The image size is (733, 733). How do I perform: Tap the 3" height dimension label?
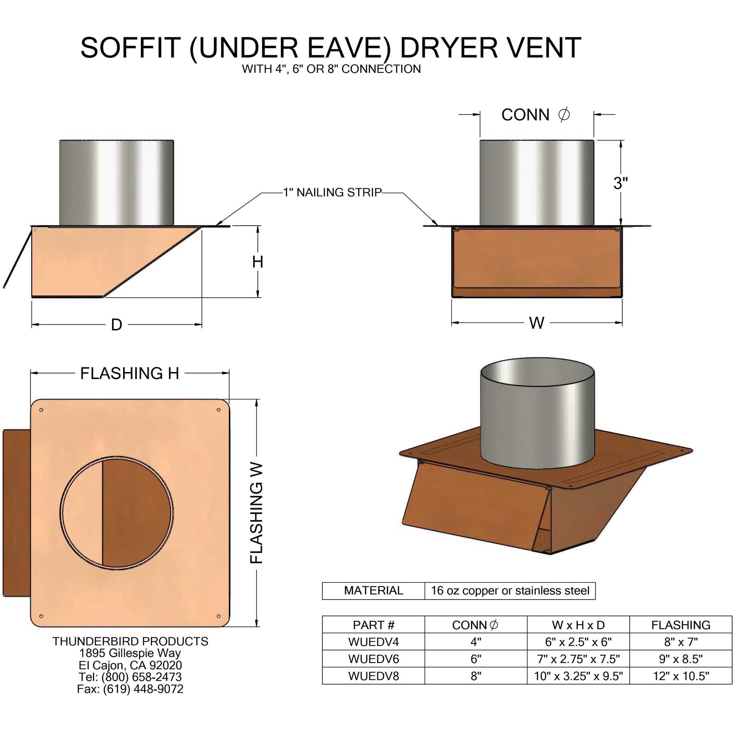[x=620, y=183]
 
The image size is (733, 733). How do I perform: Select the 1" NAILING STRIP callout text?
[x=332, y=192]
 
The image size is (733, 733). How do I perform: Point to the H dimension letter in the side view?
[x=258, y=262]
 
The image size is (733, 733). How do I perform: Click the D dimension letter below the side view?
[x=117, y=325]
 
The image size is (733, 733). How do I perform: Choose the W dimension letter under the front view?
[x=537, y=323]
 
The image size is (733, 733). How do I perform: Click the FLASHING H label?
[x=129, y=374]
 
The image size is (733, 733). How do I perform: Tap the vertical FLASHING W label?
[x=257, y=513]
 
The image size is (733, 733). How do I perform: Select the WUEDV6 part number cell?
[x=373, y=659]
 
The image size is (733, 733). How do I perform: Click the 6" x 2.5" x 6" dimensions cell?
[x=578, y=642]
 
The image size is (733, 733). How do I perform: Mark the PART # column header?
[x=373, y=625]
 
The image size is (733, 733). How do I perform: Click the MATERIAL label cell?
[x=373, y=591]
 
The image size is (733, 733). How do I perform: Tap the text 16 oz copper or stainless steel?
[x=510, y=591]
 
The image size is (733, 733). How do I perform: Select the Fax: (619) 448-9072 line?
[x=130, y=689]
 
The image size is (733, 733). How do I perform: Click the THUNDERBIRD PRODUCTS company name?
[x=130, y=641]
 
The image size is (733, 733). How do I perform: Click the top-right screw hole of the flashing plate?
[x=218, y=410]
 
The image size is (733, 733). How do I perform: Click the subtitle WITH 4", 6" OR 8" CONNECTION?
[x=331, y=69]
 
